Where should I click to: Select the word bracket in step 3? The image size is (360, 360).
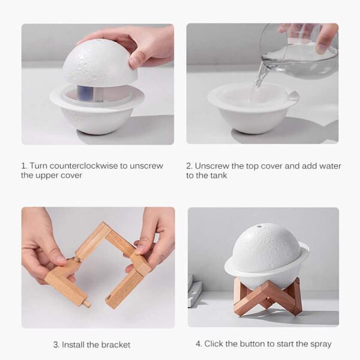pos(116,344)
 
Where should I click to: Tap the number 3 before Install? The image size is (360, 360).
pos(55,344)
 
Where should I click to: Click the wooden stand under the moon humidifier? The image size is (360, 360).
pos(268,297)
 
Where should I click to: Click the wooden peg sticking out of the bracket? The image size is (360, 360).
pos(87,303)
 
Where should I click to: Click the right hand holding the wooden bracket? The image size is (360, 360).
pos(153,237)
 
